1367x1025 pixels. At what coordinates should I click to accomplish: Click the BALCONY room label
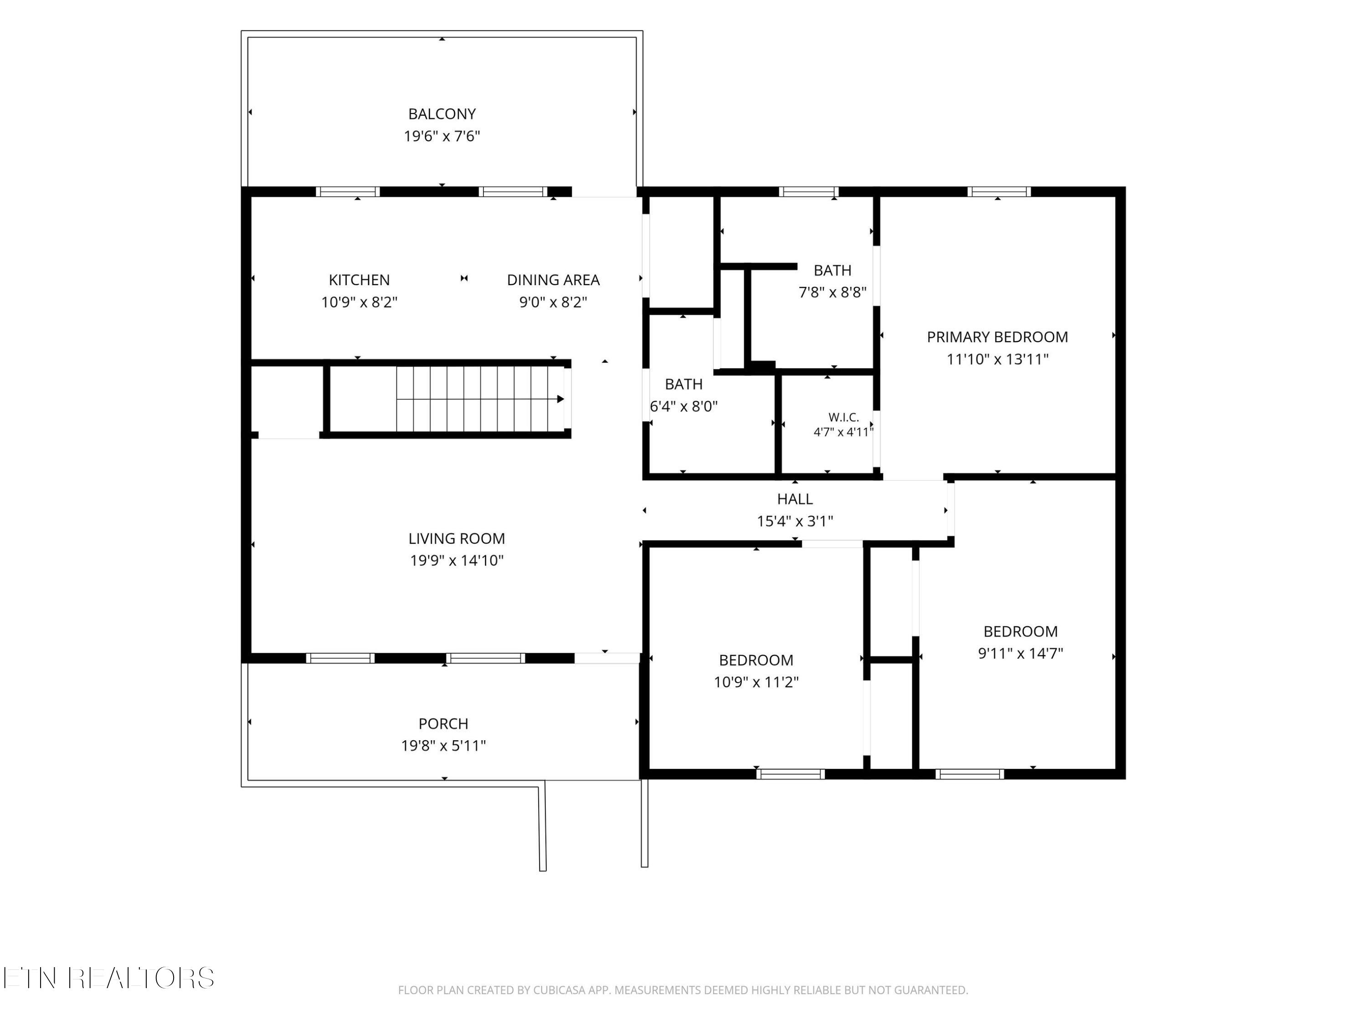click(x=442, y=114)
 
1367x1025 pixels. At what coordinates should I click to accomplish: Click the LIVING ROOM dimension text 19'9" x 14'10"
click(x=457, y=561)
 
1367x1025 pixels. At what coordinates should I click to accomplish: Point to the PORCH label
click(x=443, y=723)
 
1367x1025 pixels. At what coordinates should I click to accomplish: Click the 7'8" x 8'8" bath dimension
click(x=833, y=293)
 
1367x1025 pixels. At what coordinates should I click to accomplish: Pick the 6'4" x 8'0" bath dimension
click(x=683, y=406)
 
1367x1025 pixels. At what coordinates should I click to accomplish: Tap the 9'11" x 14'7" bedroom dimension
click(x=1020, y=654)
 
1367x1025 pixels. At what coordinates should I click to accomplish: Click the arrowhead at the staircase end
click(x=560, y=399)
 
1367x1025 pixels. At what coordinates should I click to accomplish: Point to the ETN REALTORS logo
click(x=109, y=978)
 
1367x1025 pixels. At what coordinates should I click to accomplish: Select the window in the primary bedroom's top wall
click(x=999, y=191)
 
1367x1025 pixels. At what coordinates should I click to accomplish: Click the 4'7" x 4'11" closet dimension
click(x=843, y=432)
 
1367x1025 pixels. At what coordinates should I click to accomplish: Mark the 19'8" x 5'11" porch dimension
click(x=443, y=746)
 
